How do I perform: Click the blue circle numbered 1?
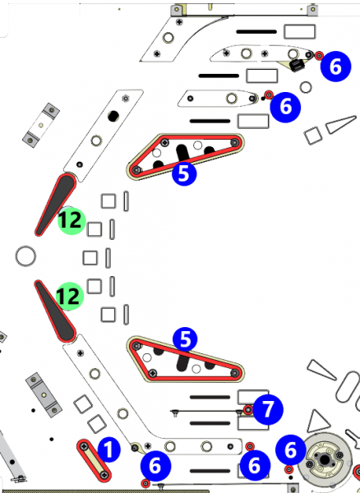[108, 450]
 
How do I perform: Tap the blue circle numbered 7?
[268, 410]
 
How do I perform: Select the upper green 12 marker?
[72, 221]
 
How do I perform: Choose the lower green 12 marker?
[70, 296]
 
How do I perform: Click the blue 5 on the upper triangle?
[184, 173]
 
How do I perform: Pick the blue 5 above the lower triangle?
[185, 339]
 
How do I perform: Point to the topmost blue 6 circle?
[335, 67]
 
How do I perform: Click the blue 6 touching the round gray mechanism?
[291, 450]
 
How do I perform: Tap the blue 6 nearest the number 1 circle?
[155, 465]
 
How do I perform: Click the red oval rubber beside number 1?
[94, 460]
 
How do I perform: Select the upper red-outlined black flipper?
[56, 204]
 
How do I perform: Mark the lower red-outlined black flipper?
[55, 311]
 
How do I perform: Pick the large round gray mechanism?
[325, 460]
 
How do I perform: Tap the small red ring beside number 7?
[248, 410]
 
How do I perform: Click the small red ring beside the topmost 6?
[319, 56]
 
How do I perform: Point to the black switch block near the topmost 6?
[297, 66]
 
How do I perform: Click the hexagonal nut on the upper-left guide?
[126, 99]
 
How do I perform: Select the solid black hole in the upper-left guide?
[113, 116]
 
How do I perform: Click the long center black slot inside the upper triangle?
[182, 153]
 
